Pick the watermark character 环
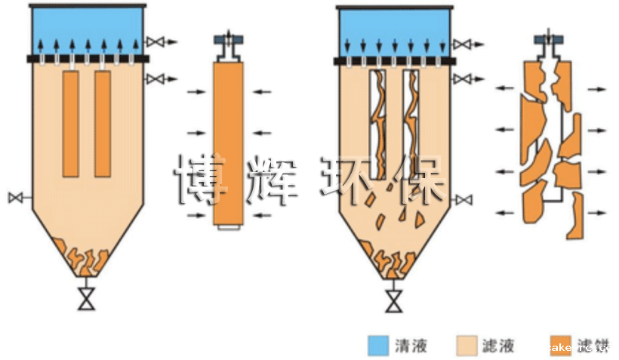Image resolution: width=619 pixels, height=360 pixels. pyautogui.click(x=351, y=180)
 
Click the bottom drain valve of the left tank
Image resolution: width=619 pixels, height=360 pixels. pyautogui.click(x=88, y=300)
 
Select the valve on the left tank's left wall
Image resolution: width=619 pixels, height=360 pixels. pyautogui.click(x=15, y=198)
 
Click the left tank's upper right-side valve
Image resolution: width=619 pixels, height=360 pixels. pyautogui.click(x=154, y=41)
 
